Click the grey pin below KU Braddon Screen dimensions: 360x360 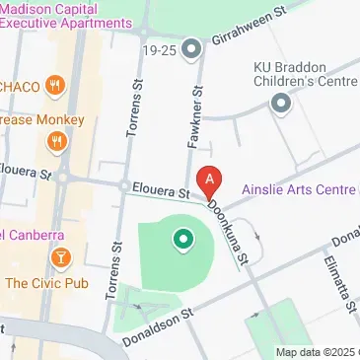[x=282, y=102]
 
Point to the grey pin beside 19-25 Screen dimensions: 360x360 [x=192, y=47]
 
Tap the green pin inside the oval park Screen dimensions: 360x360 [x=181, y=239]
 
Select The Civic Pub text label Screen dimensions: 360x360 [x=43, y=283]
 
